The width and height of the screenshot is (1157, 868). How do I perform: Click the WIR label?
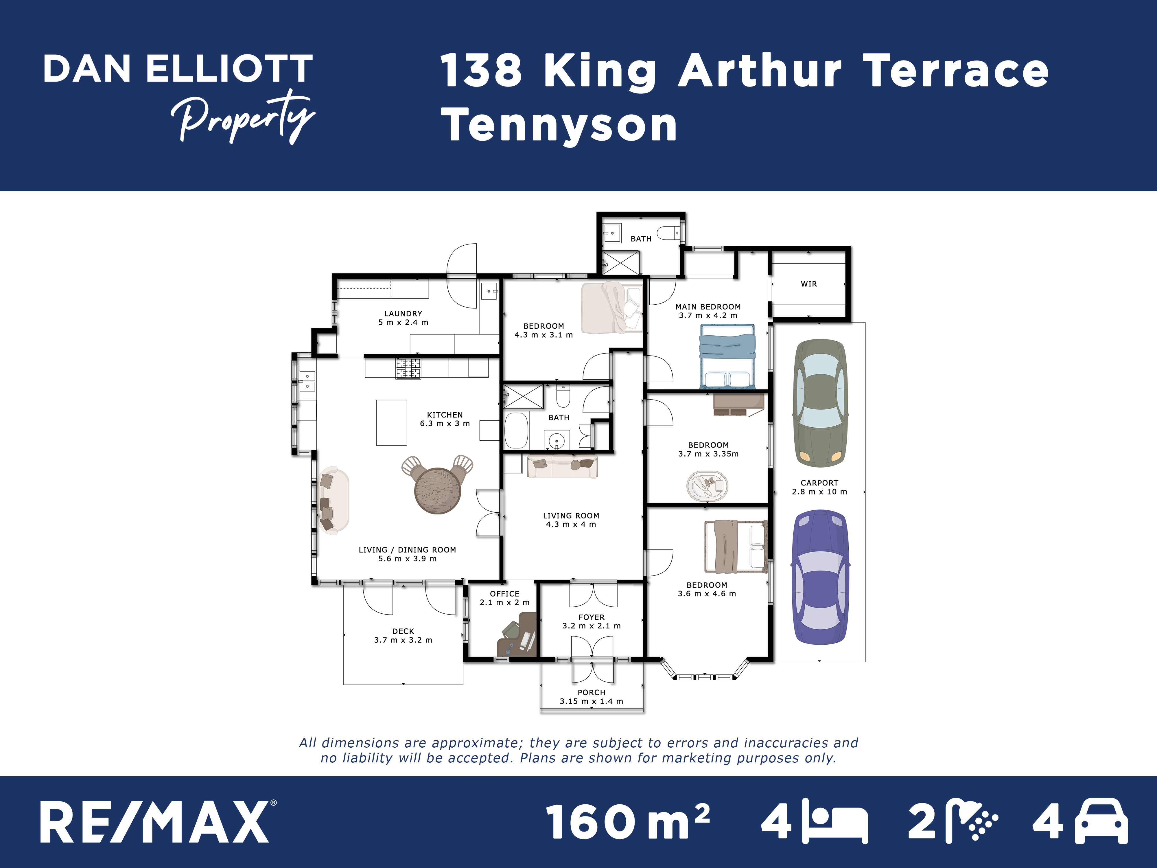coord(809,284)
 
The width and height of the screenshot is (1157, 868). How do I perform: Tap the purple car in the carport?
coord(820,578)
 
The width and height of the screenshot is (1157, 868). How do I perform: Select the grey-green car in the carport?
coord(820,403)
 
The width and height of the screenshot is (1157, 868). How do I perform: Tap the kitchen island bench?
coord(391,423)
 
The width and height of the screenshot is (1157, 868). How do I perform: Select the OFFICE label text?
coord(505,594)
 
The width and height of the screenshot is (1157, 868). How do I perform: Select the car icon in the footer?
coord(1101,821)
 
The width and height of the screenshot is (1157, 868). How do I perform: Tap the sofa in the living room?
coord(562,466)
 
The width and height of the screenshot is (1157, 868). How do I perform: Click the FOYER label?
coord(592,617)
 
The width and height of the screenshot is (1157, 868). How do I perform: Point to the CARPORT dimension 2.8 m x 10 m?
coord(820,492)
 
